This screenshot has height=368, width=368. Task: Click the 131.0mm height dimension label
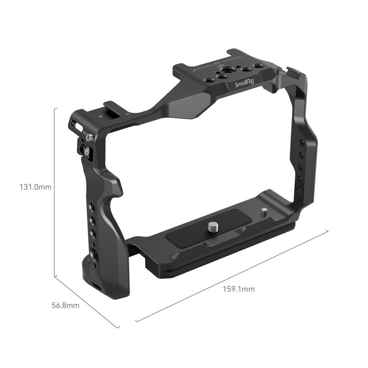pos(35,187)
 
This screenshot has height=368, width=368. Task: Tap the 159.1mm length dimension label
pos(238,289)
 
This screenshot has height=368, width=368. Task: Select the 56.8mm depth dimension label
pos(65,305)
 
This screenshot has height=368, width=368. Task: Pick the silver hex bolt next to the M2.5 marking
pos(89,138)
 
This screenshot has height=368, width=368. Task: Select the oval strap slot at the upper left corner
pos(79,127)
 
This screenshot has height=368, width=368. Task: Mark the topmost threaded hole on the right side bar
pos(302,142)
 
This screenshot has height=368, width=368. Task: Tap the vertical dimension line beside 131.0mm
pos(55,191)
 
